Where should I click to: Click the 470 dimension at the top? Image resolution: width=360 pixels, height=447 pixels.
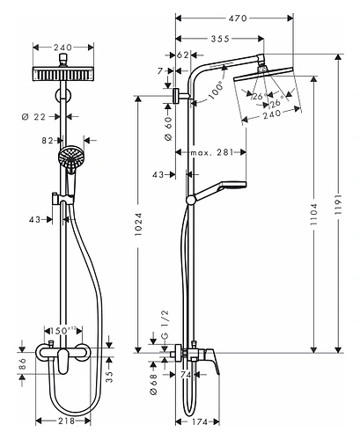coord(234,17)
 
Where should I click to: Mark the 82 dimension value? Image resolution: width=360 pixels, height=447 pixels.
coord(47,139)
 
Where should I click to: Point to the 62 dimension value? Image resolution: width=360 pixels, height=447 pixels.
coord(183,55)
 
